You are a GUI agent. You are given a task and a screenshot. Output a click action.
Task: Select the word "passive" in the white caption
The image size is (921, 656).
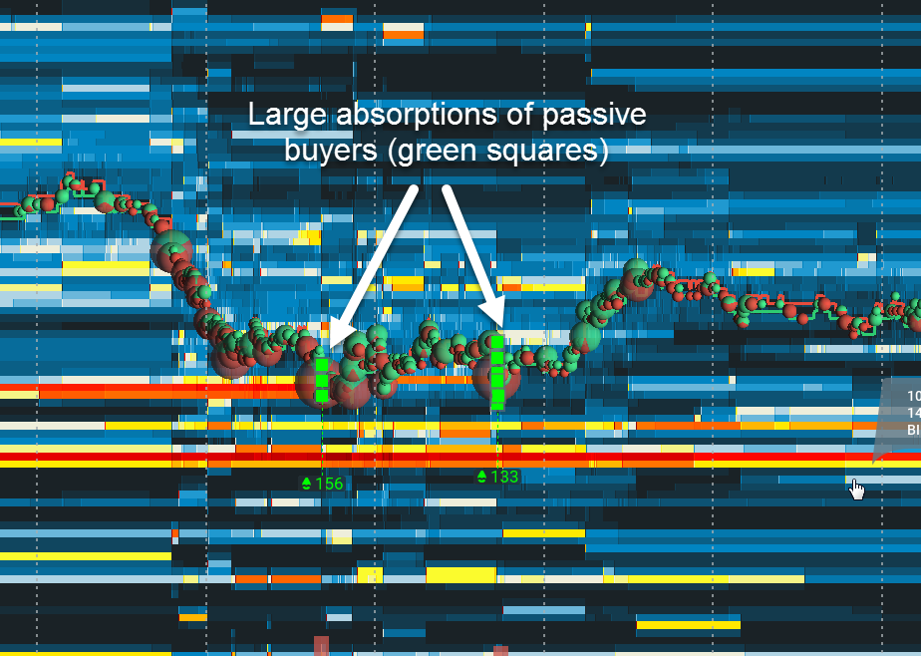pyautogui.click(x=594, y=115)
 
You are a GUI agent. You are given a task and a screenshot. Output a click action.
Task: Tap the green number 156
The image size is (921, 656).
pyautogui.click(x=329, y=484)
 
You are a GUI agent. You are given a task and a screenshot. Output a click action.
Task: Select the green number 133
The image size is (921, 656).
pyautogui.click(x=504, y=477)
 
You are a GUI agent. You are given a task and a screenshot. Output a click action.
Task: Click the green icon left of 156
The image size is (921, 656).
pyautogui.click(x=307, y=484)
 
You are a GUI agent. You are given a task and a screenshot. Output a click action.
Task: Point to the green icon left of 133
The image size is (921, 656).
pyautogui.click(x=482, y=477)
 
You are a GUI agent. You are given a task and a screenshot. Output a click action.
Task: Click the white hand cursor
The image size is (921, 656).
pyautogui.click(x=856, y=488)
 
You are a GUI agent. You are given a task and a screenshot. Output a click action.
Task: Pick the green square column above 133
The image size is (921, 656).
pyautogui.click(x=497, y=371)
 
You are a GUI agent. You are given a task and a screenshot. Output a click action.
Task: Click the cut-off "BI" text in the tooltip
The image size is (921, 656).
pyautogui.click(x=913, y=430)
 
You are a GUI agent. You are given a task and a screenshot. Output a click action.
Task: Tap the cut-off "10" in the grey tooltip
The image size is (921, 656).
pyautogui.click(x=913, y=395)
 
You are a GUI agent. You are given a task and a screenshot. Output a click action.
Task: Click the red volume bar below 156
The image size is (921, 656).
pyautogui.click(x=321, y=645)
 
